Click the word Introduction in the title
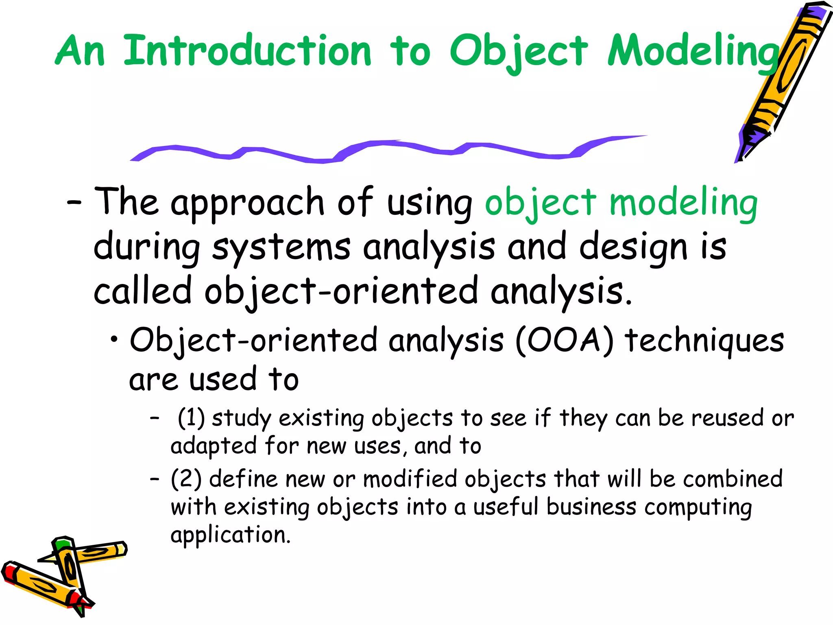(247, 51)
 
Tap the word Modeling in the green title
(691, 51)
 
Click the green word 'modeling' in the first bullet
(683, 203)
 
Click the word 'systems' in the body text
(281, 247)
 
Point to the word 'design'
(632, 247)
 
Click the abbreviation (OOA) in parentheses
(565, 340)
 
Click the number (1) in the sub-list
(191, 418)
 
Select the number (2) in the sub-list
(186, 479)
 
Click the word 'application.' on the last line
(231, 535)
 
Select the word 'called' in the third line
(142, 291)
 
